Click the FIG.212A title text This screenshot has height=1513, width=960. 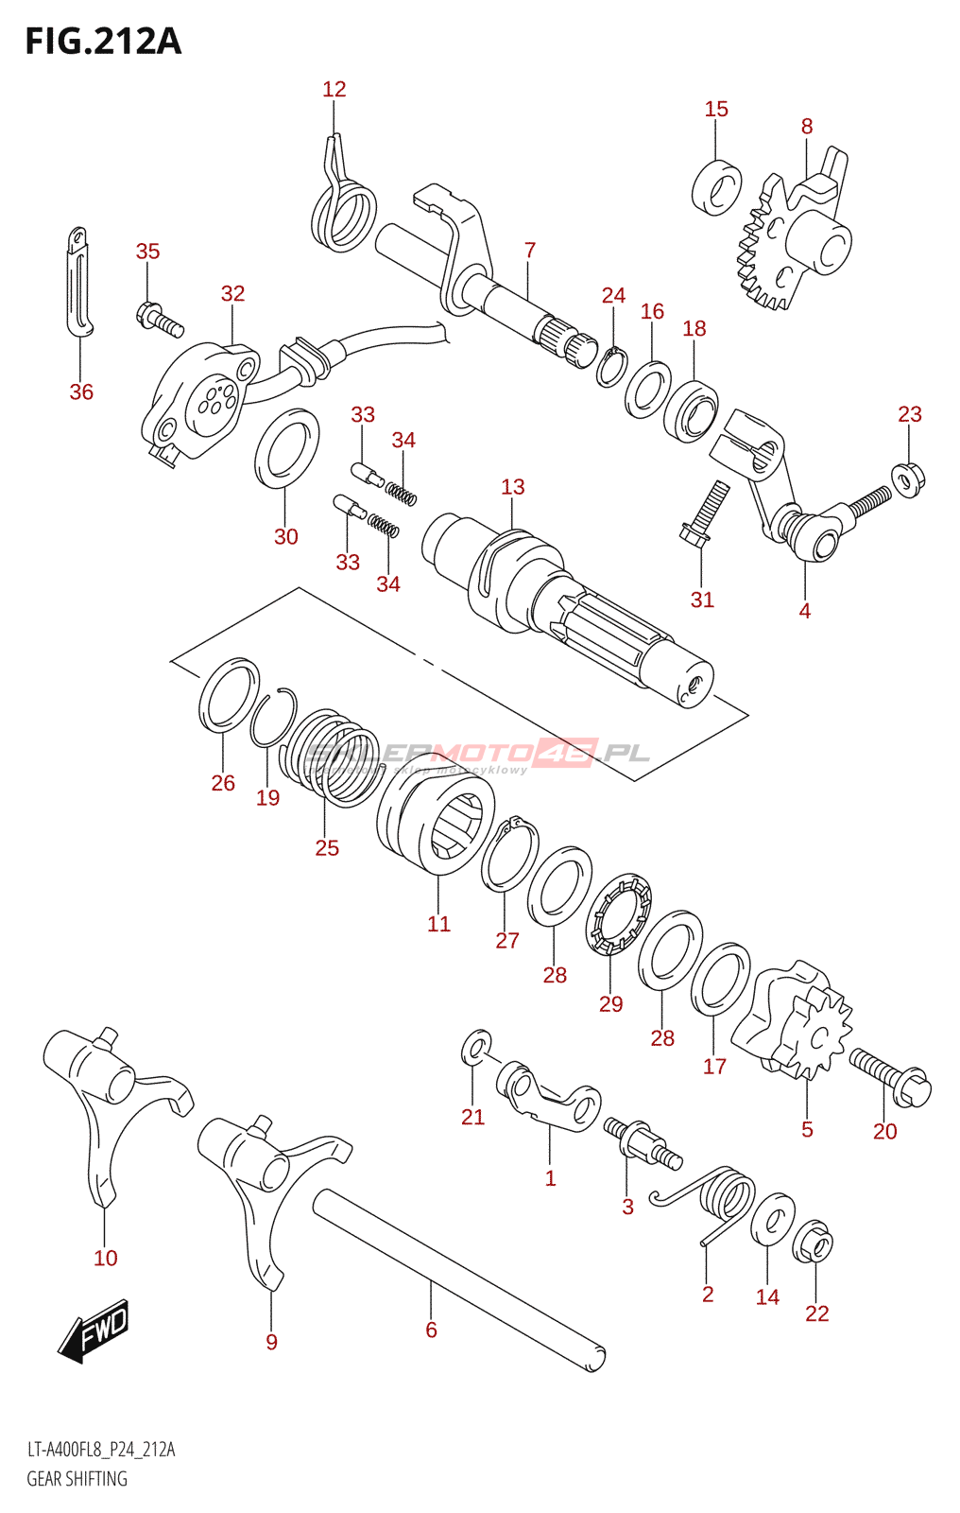point(103,42)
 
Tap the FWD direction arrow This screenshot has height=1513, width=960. point(94,1331)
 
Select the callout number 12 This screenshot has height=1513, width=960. point(334,89)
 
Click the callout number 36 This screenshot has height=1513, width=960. point(81,391)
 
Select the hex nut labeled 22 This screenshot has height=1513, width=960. point(814,1242)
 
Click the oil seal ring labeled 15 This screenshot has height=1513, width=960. point(717,187)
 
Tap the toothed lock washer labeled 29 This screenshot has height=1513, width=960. point(620,914)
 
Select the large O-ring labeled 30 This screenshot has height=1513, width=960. point(286,448)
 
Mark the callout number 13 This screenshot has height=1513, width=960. point(513,487)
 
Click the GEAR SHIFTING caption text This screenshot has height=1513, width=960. point(77,1479)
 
